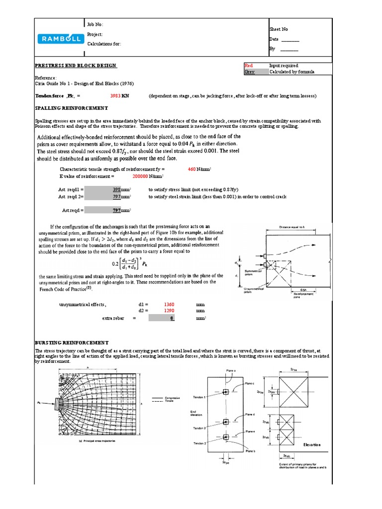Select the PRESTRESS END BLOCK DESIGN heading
tap(76, 66)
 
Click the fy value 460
tap(191, 170)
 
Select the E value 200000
tap(143, 176)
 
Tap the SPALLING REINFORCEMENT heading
tap(71, 108)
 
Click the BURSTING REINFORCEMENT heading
tap(71, 342)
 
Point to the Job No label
tap(95, 24)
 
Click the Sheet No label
tap(278, 29)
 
